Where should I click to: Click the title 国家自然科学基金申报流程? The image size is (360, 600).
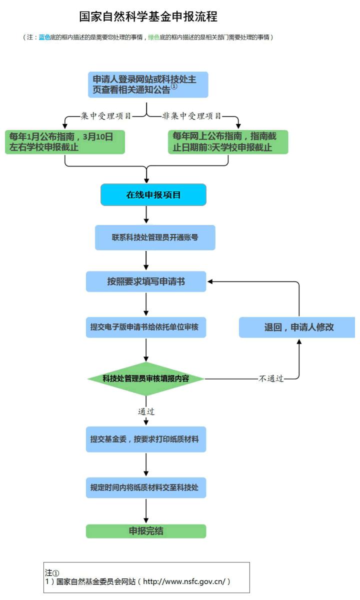pos(148,16)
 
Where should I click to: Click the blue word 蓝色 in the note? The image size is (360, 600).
pos(45,38)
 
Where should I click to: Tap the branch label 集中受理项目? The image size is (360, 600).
pos(106,116)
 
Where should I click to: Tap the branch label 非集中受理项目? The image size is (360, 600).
pos(192,116)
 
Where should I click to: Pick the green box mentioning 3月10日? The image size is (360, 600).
pos(65,141)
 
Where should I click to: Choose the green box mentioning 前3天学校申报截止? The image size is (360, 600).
pos(228,141)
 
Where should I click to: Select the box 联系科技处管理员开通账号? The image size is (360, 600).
pos(155,237)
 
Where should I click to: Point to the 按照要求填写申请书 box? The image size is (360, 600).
pos(146,281)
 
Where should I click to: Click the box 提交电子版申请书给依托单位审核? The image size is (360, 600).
pos(146,327)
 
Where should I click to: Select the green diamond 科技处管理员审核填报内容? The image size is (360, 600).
pos(146,378)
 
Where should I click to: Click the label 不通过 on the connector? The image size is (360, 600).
pos(271,379)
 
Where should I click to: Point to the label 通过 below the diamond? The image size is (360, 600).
pos(146,412)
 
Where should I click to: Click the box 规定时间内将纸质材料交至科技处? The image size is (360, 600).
pos(146,487)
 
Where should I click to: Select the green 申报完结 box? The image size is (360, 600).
pos(146,531)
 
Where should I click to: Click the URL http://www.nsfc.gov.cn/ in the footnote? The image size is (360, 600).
pos(183,582)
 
